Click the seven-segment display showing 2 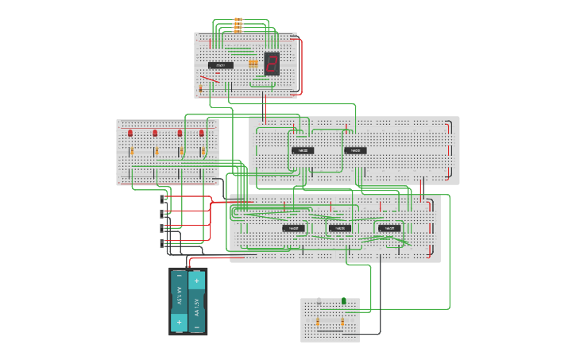[x=272, y=64]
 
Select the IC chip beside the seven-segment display [x=221, y=65]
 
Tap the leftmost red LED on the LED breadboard [x=130, y=134]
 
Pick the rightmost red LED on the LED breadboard [x=201, y=134]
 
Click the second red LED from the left [x=155, y=134]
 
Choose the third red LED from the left [x=180, y=134]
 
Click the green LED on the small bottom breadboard [x=343, y=301]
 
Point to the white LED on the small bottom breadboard [x=319, y=301]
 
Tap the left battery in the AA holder [x=179, y=301]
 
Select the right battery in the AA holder [x=196, y=301]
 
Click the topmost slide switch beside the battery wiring [x=164, y=199]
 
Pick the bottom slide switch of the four [x=164, y=243]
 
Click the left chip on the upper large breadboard [x=302, y=150]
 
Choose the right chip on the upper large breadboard [x=355, y=150]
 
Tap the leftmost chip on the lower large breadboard [x=293, y=228]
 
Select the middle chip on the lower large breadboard [x=340, y=228]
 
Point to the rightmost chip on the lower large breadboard [x=389, y=228]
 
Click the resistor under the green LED [x=342, y=323]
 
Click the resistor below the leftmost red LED [x=132, y=151]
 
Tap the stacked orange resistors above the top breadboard [x=238, y=25]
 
